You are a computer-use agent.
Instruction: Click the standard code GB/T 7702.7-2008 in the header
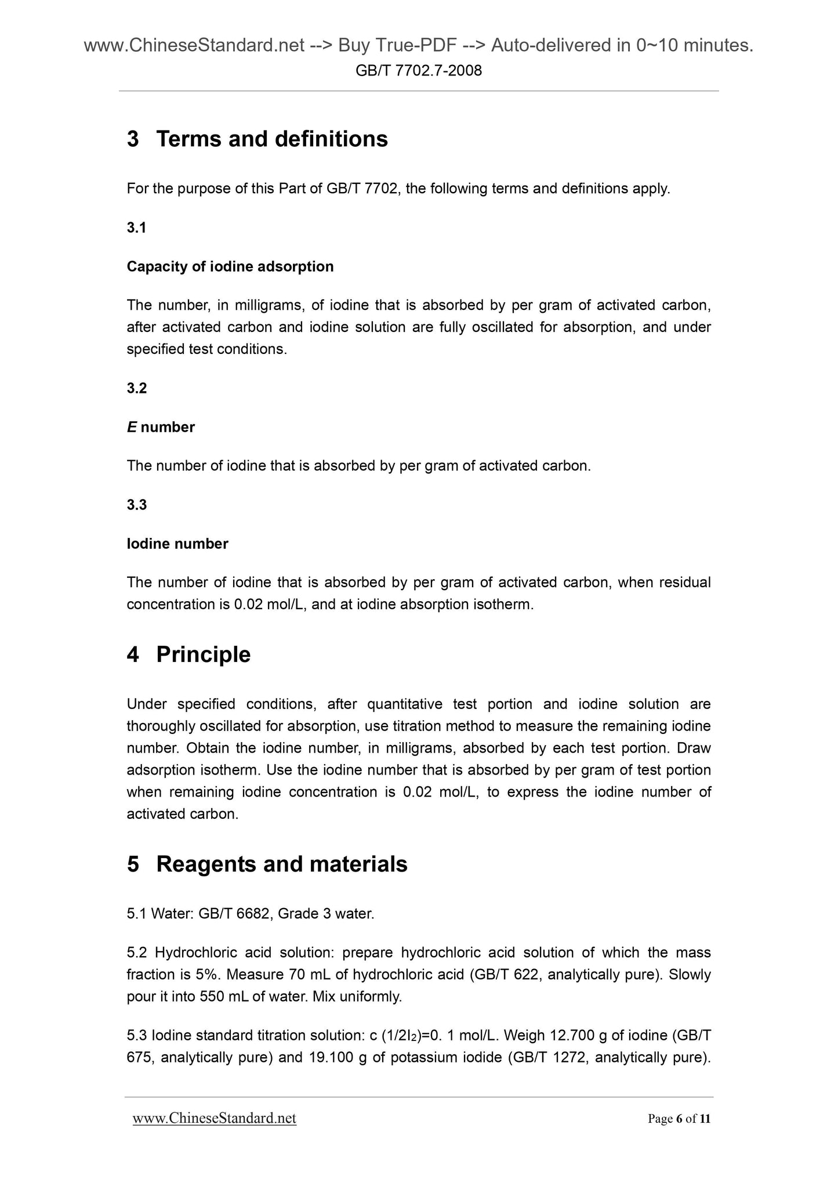click(x=419, y=71)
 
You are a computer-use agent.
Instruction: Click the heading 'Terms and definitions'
click(x=272, y=139)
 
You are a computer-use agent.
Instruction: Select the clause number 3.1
click(x=136, y=228)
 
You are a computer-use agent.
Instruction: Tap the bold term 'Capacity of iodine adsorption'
click(x=230, y=267)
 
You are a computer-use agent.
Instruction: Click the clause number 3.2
click(x=136, y=389)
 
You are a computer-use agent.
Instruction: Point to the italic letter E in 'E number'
click(x=132, y=428)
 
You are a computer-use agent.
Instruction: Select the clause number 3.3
click(x=136, y=505)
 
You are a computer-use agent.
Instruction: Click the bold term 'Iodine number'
click(x=177, y=544)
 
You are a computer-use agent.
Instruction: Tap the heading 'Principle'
click(x=203, y=655)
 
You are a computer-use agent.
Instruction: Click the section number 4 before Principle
click(x=133, y=655)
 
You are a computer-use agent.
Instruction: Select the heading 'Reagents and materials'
click(x=282, y=865)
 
